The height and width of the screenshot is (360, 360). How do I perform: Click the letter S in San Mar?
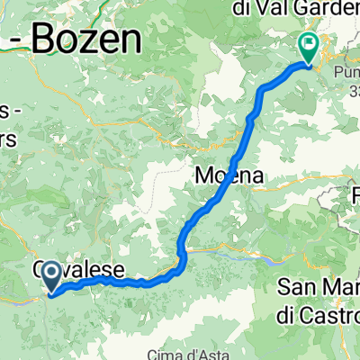[284, 288]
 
